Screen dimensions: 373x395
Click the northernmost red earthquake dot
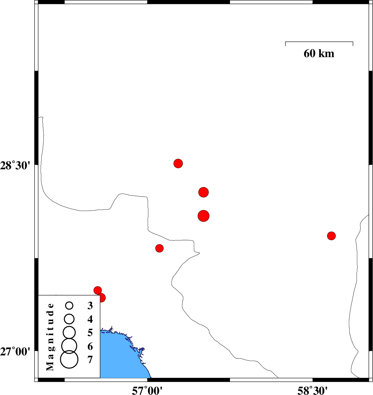[178, 163]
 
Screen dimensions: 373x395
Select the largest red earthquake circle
[204, 216]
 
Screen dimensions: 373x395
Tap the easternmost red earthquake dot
[331, 236]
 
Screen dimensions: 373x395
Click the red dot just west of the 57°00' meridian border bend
[159, 248]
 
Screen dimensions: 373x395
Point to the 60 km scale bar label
[319, 54]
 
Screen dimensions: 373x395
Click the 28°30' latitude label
[15, 166]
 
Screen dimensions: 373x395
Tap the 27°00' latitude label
[15, 352]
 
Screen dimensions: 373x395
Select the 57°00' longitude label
[147, 391]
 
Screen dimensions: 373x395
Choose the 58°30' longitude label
[312, 391]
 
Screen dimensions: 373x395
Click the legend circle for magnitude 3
[69, 306]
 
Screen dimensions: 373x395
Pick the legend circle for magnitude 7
[69, 360]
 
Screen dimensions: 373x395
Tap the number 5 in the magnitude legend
[90, 333]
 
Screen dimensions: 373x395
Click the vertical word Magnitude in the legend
[50, 337]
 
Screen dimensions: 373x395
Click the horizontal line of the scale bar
[319, 42]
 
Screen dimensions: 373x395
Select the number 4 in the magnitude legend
[90, 319]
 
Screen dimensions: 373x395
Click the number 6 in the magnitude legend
[90, 346]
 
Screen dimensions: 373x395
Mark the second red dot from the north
[204, 192]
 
